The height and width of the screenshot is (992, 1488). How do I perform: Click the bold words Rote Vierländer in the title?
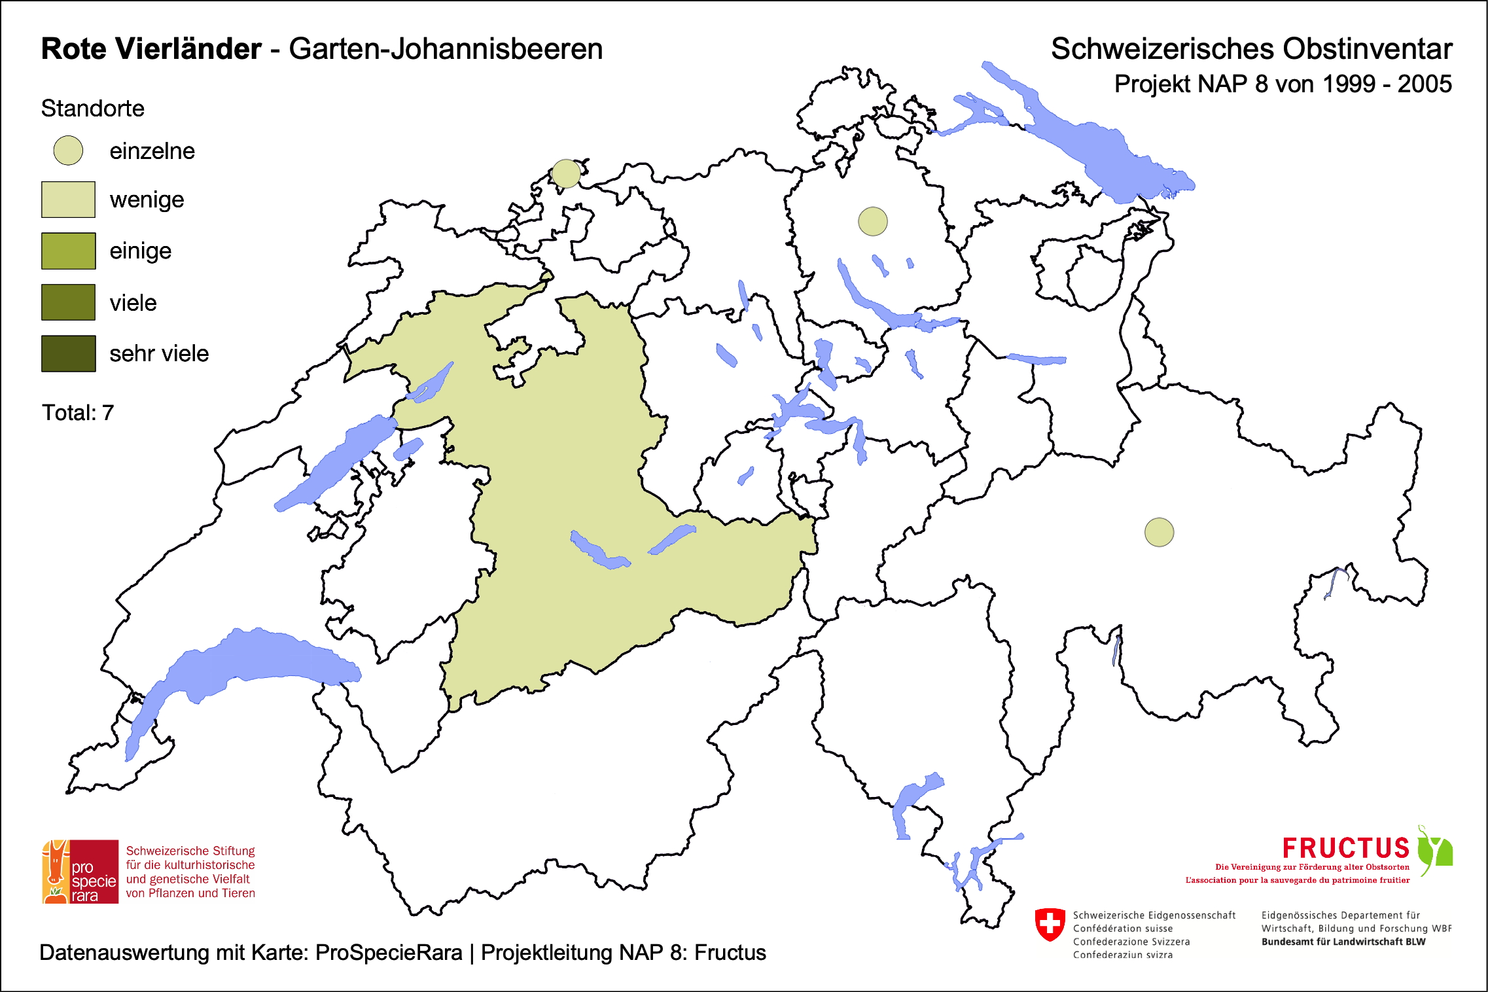(151, 49)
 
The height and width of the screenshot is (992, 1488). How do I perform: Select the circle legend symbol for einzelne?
(68, 151)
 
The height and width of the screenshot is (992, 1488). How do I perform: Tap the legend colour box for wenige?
(68, 200)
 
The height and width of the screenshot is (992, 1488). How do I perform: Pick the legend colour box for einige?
(68, 251)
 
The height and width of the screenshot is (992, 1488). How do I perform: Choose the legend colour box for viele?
(68, 302)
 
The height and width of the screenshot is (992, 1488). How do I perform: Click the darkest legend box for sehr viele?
(68, 353)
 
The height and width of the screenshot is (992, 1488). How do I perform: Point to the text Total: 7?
(78, 413)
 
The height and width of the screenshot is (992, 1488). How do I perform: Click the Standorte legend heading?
(92, 109)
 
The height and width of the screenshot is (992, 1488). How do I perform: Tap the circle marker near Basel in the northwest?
(566, 173)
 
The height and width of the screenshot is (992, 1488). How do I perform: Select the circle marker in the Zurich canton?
(872, 221)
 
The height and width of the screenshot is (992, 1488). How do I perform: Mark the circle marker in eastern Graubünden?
(1159, 532)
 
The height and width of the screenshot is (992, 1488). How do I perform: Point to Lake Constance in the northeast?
(1099, 151)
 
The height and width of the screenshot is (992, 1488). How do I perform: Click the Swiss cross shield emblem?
(1050, 924)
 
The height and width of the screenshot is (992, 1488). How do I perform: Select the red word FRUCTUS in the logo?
(1345, 848)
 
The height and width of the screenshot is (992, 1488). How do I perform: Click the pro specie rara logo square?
(80, 872)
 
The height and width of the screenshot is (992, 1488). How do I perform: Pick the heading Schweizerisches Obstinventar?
(1251, 49)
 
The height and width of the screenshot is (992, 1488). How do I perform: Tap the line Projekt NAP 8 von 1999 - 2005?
(1283, 84)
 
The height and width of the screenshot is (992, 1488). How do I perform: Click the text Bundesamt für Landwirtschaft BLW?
(1343, 942)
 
